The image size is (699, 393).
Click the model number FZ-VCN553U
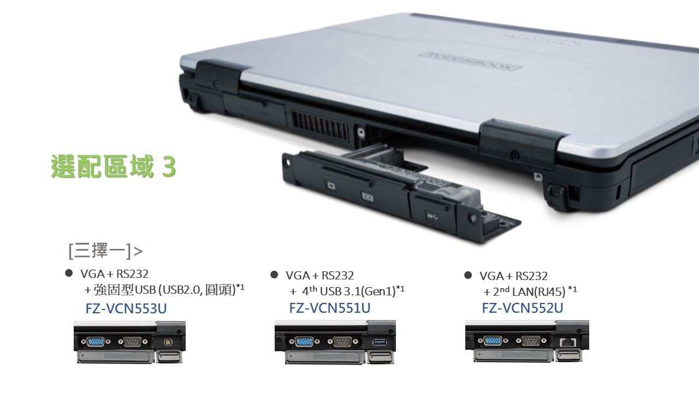[126, 308]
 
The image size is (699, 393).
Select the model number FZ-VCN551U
[329, 308]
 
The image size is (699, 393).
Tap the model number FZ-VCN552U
[523, 308]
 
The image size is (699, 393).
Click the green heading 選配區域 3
[114, 166]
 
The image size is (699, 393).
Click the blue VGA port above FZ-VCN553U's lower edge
[96, 342]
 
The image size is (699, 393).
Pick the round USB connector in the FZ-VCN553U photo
[169, 342]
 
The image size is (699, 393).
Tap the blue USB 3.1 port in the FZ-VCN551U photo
[380, 342]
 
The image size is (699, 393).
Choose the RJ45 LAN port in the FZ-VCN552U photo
[568, 342]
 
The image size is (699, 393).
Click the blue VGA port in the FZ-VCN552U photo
[493, 341]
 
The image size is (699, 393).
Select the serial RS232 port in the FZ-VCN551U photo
[341, 342]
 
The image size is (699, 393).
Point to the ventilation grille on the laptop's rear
[319, 126]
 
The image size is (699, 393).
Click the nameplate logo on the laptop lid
[471, 61]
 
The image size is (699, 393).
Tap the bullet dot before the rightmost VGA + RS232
[468, 275]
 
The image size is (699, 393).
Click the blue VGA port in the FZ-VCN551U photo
[304, 342]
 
